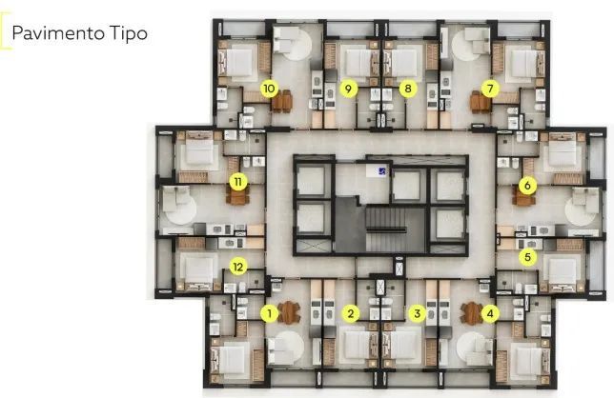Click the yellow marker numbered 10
click(x=269, y=89)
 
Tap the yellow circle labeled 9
click(x=348, y=89)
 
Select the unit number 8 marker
click(x=408, y=89)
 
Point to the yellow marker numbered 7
click(x=490, y=89)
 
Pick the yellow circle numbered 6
click(x=527, y=185)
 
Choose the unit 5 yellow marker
click(x=527, y=257)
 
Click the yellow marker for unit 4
click(x=490, y=313)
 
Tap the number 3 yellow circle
click(x=417, y=313)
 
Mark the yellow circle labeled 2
click(x=351, y=313)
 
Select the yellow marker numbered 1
click(x=269, y=313)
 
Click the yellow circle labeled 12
click(x=238, y=267)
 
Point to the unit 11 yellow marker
click(x=238, y=182)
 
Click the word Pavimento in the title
click(x=58, y=33)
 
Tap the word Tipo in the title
click(x=129, y=33)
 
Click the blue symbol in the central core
click(x=381, y=170)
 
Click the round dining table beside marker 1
click(x=289, y=312)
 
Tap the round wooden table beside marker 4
click(x=471, y=313)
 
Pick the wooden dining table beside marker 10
click(x=282, y=101)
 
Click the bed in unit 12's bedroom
click(x=198, y=270)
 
